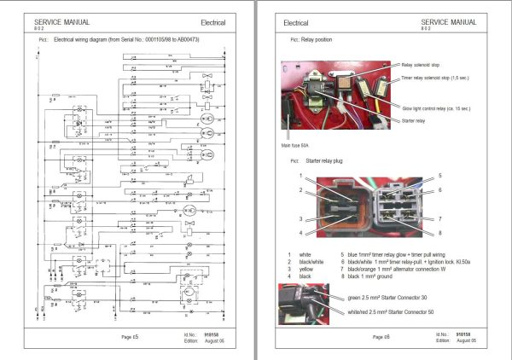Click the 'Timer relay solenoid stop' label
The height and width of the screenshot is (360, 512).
pyautogui.click(x=443, y=78)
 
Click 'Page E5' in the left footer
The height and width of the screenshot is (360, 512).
pyautogui.click(x=128, y=338)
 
